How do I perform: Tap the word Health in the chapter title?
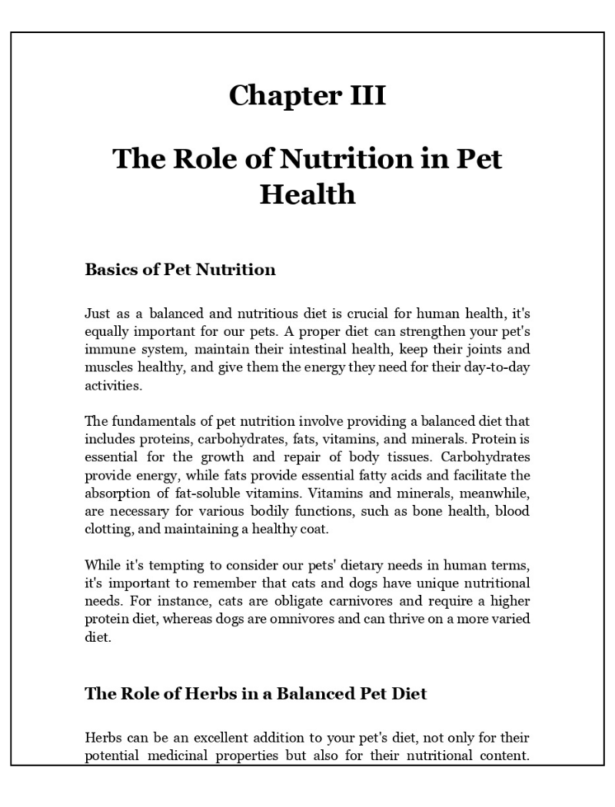coord(307,194)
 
